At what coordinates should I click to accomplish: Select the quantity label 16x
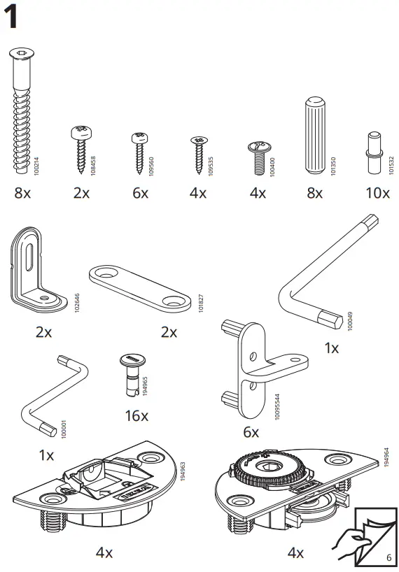(136, 415)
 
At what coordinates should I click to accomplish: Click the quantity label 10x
(377, 192)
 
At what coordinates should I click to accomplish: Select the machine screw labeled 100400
(258, 156)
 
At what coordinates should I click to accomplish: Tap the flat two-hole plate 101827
(140, 287)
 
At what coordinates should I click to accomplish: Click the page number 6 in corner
(388, 557)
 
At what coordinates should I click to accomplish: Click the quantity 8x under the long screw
(22, 193)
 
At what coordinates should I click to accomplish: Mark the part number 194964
(386, 457)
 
